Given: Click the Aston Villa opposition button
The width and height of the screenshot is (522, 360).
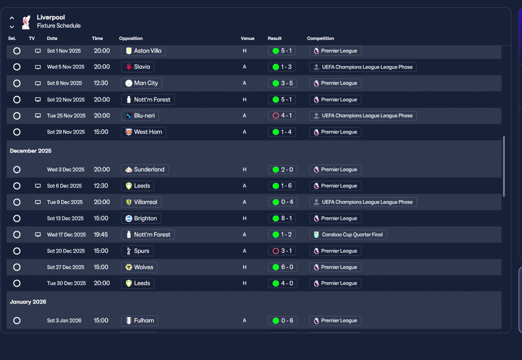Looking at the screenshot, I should (x=143, y=51).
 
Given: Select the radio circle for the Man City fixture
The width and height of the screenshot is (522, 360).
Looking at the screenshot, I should (x=17, y=83).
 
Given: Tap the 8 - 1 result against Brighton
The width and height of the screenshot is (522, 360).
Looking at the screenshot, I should (x=282, y=219).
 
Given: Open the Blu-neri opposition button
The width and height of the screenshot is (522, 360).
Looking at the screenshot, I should (x=140, y=116).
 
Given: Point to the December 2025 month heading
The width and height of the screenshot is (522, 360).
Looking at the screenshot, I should (x=31, y=151).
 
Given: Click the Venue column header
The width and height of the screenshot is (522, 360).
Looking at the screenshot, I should (x=248, y=38).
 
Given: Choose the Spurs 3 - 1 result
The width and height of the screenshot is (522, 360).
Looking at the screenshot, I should (x=282, y=251).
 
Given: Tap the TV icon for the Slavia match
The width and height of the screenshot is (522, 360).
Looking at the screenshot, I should (x=38, y=67).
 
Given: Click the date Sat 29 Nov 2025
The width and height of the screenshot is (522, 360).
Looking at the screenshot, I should (x=66, y=132).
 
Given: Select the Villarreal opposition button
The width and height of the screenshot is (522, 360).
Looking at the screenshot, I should (x=141, y=202).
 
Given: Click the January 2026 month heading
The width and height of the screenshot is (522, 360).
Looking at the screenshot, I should (x=28, y=302).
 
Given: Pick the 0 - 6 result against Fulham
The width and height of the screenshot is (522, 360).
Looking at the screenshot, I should (x=282, y=321).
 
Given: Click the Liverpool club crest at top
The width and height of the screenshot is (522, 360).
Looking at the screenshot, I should (x=26, y=22).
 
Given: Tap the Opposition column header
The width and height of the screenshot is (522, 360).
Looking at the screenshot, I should (x=131, y=38).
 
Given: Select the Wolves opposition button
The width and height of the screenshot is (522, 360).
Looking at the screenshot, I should (x=139, y=267).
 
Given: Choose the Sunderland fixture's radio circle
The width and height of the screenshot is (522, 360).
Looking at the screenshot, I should (x=17, y=170).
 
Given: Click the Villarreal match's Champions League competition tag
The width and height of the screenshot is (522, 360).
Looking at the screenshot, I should (x=363, y=202).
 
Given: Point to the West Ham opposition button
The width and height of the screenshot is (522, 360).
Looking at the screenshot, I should (x=144, y=132).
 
